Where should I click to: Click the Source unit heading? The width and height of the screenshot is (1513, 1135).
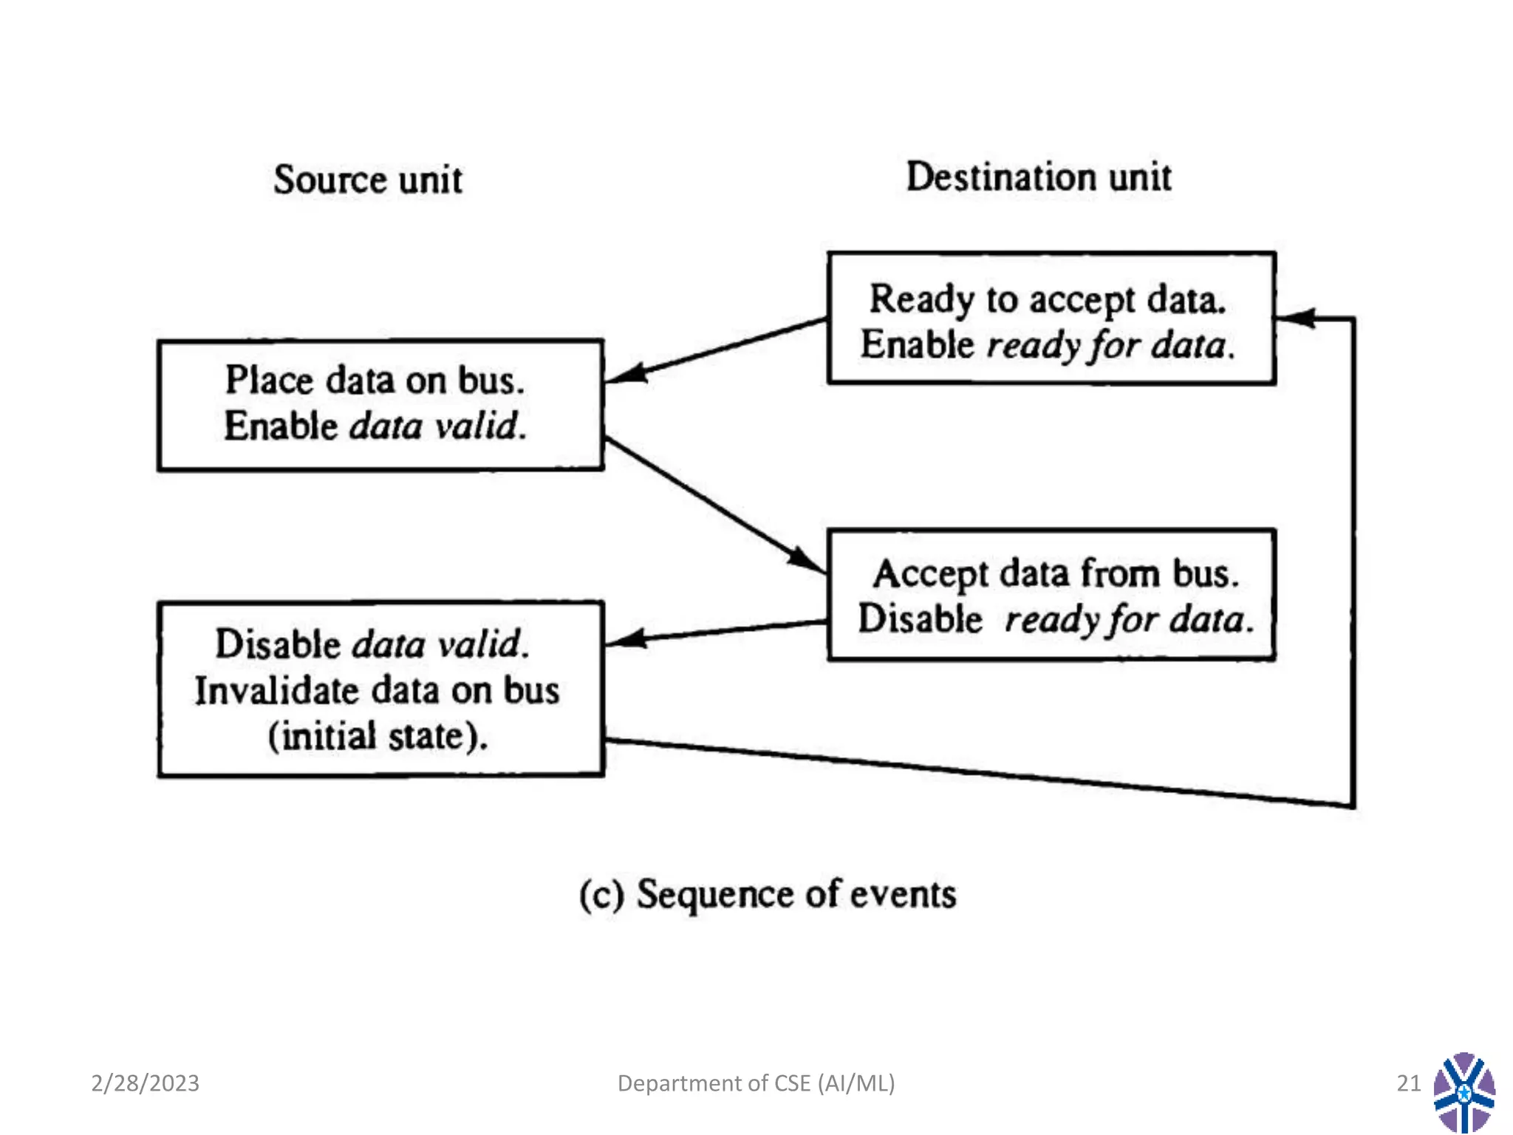pyautogui.click(x=368, y=180)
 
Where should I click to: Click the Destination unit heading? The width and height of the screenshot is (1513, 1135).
pyautogui.click(x=1038, y=177)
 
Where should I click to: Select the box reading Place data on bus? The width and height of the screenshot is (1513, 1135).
pyautogui.click(x=380, y=404)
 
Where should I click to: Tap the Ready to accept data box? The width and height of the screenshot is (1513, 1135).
pyautogui.click(x=1051, y=318)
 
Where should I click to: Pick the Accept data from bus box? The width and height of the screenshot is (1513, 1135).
pyautogui.click(x=1051, y=595)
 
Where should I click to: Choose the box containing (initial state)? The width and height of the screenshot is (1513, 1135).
pyautogui.click(x=380, y=689)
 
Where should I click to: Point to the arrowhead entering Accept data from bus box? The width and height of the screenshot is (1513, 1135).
pyautogui.click(x=805, y=559)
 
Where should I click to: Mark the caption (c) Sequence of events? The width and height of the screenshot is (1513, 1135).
pyautogui.click(x=767, y=894)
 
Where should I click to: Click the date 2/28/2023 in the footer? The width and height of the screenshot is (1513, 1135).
pyautogui.click(x=146, y=1083)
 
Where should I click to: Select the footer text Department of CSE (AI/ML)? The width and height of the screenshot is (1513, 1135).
pyautogui.click(x=756, y=1083)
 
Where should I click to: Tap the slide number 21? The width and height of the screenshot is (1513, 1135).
pyautogui.click(x=1408, y=1083)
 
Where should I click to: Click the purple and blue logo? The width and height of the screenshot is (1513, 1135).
pyautogui.click(x=1464, y=1092)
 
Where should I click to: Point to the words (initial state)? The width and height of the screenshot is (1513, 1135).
pyautogui.click(x=378, y=737)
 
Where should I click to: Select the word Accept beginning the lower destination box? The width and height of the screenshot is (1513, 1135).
pyautogui.click(x=929, y=574)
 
